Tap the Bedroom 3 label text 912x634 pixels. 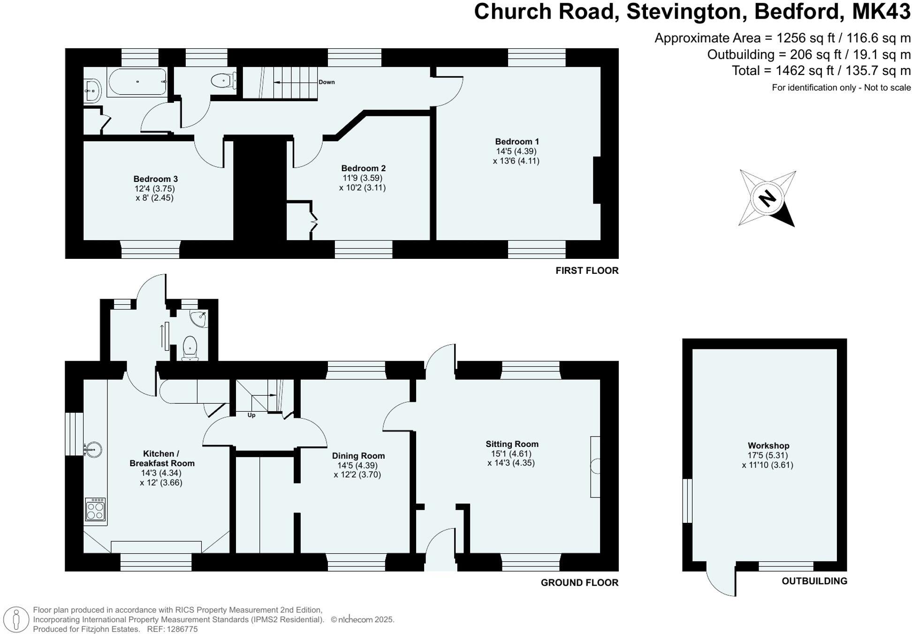pos(155,179)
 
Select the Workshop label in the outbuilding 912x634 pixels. pos(768,445)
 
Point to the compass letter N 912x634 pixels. pos(768,198)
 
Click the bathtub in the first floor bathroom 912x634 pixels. pos(137,82)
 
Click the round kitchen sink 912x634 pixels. pos(93,450)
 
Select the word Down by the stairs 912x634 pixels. pos(327,82)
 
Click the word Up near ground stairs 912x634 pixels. pos(251,415)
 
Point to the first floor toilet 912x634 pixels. pos(222,81)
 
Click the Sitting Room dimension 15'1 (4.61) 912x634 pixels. pos(511,453)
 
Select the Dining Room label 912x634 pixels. pos(358,455)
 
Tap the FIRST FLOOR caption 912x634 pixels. pos(586,271)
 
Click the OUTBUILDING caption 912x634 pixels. pos(814,581)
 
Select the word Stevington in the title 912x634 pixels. pos(686,11)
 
